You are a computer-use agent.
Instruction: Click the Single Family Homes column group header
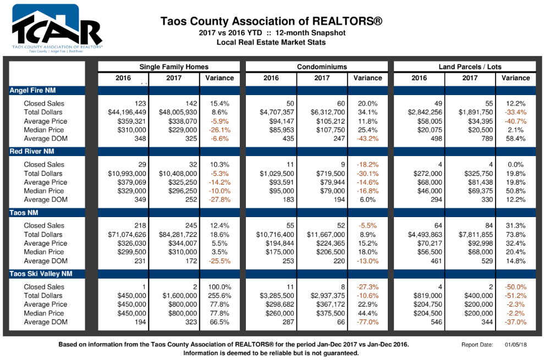point(174,67)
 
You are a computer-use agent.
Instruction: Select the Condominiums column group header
point(322,67)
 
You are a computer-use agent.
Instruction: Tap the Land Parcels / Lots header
point(470,67)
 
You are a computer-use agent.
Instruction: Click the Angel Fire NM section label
point(32,90)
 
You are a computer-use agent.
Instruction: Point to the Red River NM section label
point(32,151)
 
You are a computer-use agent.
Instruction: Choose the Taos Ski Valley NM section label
point(41,274)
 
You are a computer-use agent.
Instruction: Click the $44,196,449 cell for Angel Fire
point(127,112)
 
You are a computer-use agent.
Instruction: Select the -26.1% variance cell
point(219,130)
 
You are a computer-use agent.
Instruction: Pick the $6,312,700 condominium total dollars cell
point(328,112)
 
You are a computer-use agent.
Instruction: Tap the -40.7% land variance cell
point(515,121)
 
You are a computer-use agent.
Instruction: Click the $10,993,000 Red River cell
point(127,174)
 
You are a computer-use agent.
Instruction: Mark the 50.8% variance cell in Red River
point(515,191)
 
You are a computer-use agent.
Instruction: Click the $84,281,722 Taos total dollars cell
point(178,235)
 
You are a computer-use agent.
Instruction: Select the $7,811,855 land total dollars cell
point(476,235)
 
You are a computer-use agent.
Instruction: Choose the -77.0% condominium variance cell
point(368,322)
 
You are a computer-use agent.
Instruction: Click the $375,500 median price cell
point(331,313)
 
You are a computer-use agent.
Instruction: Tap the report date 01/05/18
point(515,345)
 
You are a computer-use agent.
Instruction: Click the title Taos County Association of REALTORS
point(271,21)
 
